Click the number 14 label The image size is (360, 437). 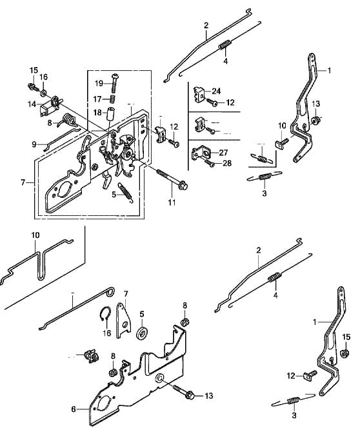click(x=32, y=104)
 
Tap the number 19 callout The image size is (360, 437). click(x=99, y=83)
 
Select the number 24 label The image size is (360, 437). click(x=216, y=91)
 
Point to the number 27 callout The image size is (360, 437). click(x=223, y=153)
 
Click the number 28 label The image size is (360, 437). click(x=227, y=163)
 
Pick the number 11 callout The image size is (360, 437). click(x=172, y=202)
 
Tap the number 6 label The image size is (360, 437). click(x=74, y=409)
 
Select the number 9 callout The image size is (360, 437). click(x=34, y=144)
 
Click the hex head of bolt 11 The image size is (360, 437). click(x=183, y=185)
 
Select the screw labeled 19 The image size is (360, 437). click(x=114, y=83)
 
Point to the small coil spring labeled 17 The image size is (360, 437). click(x=113, y=99)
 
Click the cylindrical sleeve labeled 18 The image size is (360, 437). click(x=111, y=113)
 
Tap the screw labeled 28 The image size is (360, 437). click(x=210, y=163)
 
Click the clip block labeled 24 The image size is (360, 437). click(x=199, y=95)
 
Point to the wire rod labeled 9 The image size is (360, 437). click(x=62, y=139)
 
